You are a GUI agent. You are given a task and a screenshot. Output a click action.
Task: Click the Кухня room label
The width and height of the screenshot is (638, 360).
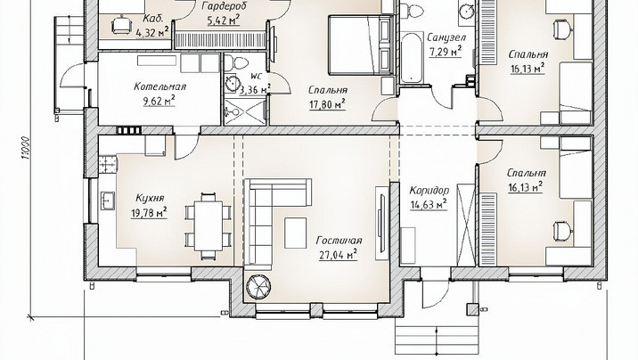tap(150, 198)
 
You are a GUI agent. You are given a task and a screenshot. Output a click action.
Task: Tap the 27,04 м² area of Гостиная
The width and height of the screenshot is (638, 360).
tap(338, 255)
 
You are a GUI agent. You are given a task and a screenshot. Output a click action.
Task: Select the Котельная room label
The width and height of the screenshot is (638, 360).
tap(159, 86)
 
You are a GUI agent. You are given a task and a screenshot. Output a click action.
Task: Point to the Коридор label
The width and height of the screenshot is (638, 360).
tap(429, 191)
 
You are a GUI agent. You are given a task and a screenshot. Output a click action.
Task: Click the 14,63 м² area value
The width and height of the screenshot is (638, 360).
tap(429, 204)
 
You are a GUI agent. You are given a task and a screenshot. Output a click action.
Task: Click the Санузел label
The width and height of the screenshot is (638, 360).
tap(446, 37)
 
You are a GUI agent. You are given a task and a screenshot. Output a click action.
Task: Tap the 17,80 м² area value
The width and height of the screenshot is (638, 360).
tap(328, 104)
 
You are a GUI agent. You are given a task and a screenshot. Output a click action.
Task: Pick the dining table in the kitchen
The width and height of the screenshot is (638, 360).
tap(209, 225)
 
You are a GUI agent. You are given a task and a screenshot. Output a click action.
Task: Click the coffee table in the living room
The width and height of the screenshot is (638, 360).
tap(296, 233)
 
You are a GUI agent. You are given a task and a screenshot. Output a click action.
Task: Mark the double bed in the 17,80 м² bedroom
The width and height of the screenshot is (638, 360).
tap(361, 45)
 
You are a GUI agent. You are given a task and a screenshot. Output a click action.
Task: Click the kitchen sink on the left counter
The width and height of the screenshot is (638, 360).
tap(108, 201)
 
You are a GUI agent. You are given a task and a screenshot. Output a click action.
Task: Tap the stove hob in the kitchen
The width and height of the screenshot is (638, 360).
tap(108, 164)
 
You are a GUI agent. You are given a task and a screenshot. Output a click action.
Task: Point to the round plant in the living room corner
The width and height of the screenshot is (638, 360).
tap(258, 287)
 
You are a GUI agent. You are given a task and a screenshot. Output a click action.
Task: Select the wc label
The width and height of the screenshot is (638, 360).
tap(257, 76)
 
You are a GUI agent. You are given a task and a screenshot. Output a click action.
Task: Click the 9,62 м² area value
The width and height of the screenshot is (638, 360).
tap(159, 101)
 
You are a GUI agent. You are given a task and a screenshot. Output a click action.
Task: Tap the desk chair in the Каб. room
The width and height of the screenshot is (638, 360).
tap(122, 25)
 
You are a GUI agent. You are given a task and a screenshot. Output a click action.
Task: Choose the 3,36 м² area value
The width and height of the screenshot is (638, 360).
tap(255, 89)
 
